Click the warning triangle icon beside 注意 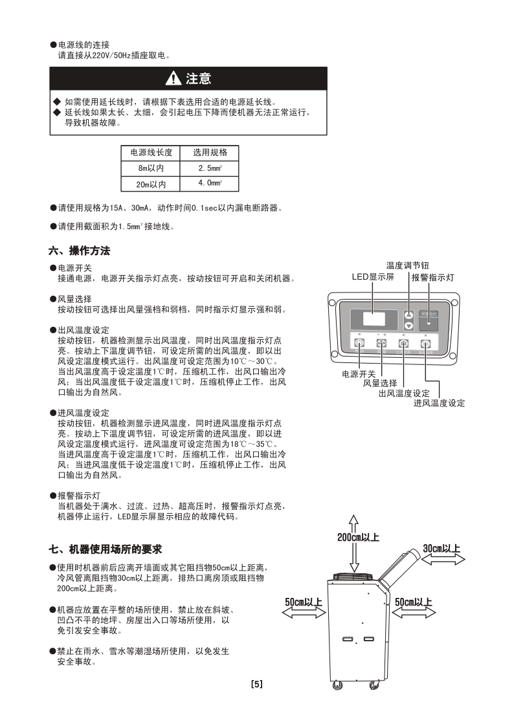click(173, 79)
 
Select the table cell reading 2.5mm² click(209, 168)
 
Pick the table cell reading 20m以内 click(151, 184)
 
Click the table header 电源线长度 click(151, 153)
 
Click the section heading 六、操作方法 click(80, 250)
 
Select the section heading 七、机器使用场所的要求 click(106, 549)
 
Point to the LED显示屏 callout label click(372, 277)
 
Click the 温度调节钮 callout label click(408, 265)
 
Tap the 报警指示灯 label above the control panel click(433, 277)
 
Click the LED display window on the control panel click(375, 319)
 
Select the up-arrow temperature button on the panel click(408, 314)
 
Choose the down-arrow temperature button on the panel click(408, 325)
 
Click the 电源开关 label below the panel click(359, 374)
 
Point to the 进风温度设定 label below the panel click(439, 403)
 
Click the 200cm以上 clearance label click(358, 537)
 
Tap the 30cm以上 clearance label click(441, 549)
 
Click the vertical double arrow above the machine click(353, 544)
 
